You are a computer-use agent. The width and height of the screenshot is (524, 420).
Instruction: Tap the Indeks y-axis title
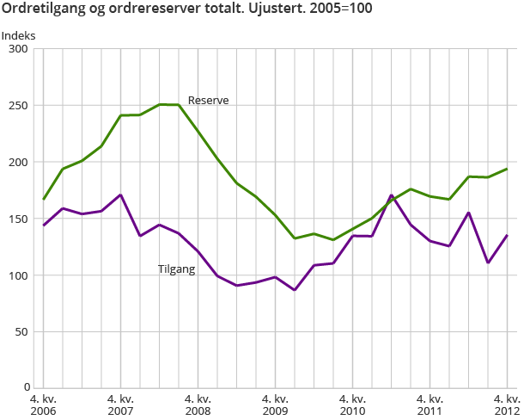(19, 35)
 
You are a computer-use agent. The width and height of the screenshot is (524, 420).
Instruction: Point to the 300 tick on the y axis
(19, 49)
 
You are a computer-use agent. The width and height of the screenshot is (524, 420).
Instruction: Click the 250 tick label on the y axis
(19, 106)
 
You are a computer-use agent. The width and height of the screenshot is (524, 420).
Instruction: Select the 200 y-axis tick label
(19, 162)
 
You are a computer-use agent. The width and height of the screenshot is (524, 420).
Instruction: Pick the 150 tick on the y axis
(19, 219)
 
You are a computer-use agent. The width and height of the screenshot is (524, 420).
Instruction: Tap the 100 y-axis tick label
(19, 275)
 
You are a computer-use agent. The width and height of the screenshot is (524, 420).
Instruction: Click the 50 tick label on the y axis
(22, 331)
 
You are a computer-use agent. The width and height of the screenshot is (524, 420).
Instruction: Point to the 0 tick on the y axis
(26, 388)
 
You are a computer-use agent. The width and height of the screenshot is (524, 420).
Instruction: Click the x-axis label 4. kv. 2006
(44, 405)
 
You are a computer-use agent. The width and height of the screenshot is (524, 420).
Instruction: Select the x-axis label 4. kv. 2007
(120, 405)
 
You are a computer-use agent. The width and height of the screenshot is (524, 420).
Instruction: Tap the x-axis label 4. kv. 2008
(198, 405)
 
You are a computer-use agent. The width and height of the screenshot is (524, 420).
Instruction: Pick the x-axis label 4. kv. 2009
(275, 405)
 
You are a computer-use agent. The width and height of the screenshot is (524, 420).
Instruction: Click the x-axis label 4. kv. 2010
(352, 405)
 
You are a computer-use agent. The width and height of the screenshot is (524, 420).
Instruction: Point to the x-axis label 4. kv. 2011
(430, 405)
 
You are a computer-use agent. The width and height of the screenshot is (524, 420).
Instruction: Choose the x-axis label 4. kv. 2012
(506, 405)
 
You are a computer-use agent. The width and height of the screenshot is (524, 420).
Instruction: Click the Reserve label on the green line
(208, 101)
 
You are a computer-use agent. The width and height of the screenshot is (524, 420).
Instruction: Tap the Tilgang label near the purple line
(177, 269)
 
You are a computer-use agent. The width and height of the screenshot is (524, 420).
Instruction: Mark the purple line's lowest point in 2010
(295, 290)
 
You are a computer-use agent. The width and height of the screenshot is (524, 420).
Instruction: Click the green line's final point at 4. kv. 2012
(507, 169)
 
